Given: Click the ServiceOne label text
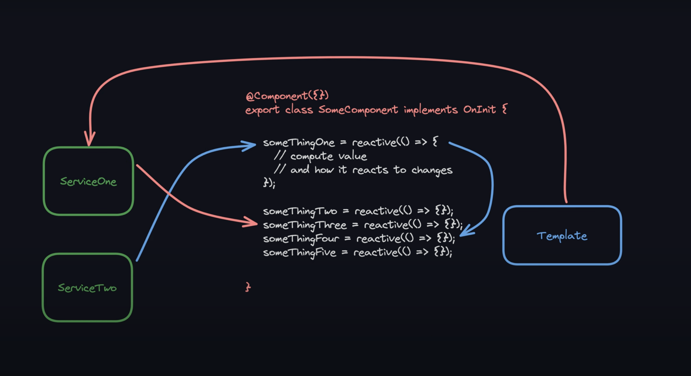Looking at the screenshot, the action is point(88,182).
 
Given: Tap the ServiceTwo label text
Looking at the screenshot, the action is point(87,288).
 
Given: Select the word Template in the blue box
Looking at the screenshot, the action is point(562,236).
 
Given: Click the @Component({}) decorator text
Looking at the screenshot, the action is point(287,96).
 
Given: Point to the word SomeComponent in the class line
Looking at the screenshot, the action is point(358,109).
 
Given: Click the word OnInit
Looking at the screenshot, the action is point(479,109).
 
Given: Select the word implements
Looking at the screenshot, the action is point(431,110).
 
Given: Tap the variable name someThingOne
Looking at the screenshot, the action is point(299,143).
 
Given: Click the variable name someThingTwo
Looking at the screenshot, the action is point(300,211).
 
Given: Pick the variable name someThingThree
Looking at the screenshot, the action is point(305,225).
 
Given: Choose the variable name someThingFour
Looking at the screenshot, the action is point(301,239).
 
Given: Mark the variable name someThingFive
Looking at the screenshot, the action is point(299,253).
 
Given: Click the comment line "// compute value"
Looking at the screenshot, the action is point(320,156).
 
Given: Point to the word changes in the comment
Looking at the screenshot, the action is point(432,170).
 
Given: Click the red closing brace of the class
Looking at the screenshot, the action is point(248,287).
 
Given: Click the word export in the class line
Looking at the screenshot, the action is point(262,110).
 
